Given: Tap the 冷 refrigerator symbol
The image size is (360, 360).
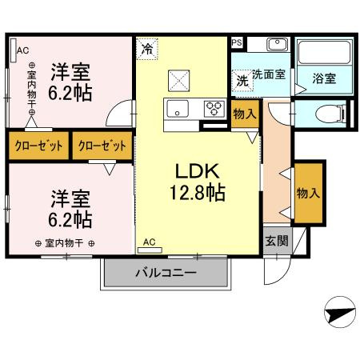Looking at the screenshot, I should [x=146, y=48].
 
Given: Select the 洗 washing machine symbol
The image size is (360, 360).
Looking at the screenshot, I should [x=242, y=80].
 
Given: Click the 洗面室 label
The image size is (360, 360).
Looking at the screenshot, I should [x=269, y=74].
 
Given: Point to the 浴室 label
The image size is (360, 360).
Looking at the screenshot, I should [x=323, y=78].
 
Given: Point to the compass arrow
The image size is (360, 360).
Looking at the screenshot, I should [x=338, y=311].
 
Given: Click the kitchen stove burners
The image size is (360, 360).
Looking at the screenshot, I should [x=214, y=106].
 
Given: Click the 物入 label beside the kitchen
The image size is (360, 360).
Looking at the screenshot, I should [x=244, y=114].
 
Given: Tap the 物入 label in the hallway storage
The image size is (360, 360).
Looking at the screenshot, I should [x=308, y=192].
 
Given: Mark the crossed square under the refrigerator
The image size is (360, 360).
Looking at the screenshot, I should [x=178, y=80].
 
